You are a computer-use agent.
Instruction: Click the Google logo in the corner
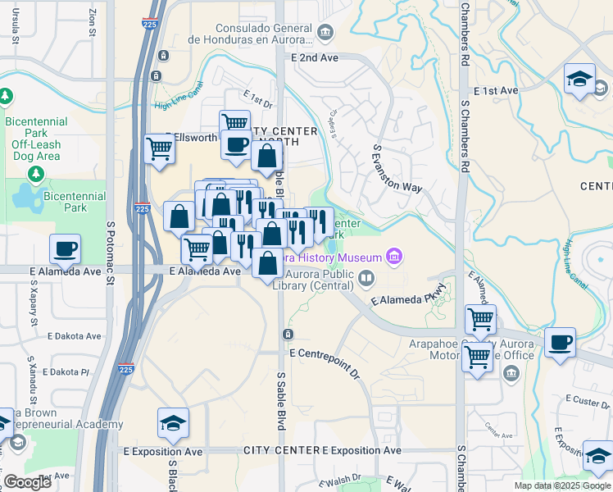tap(27, 482)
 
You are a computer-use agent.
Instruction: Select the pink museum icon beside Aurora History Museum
tap(395, 257)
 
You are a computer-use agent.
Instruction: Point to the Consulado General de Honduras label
tap(250, 33)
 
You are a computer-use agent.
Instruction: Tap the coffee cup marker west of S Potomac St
tap(65, 248)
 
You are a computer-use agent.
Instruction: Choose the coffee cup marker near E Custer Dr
tap(560, 342)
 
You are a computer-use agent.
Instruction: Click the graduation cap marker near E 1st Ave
tap(579, 80)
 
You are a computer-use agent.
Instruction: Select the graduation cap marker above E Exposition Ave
tap(173, 423)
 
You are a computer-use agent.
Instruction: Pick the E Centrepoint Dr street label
tap(325, 362)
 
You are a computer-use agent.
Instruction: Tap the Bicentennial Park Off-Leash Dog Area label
tap(35, 139)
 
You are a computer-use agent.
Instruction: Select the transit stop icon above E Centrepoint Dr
tap(288, 335)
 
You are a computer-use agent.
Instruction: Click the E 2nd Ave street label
tap(314, 58)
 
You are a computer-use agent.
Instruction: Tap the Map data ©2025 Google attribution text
tap(561, 485)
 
